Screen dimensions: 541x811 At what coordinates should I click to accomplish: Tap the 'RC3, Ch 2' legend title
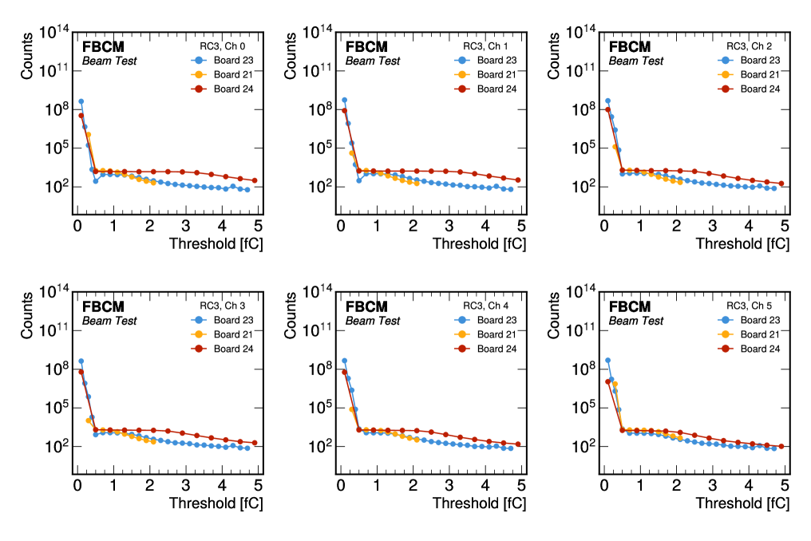[x=751, y=46]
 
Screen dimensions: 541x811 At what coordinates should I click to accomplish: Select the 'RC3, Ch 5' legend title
[x=751, y=306]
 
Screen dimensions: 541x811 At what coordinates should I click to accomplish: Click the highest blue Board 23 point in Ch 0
[x=81, y=101]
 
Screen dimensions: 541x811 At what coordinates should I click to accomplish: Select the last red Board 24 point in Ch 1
[x=518, y=180]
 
